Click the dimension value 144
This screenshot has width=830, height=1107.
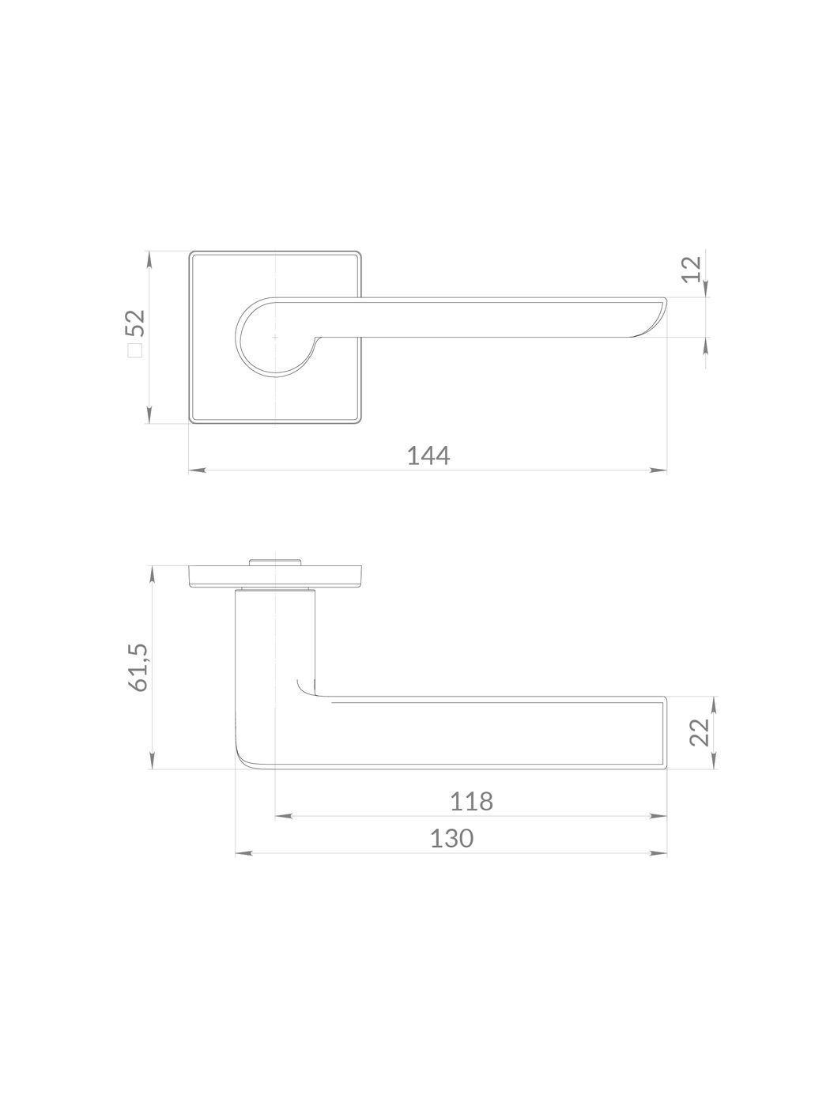[428, 456]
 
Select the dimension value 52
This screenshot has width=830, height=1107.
[135, 323]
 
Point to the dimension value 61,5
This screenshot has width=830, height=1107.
[138, 667]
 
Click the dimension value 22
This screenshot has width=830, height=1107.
[700, 732]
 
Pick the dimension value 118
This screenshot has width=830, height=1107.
[471, 801]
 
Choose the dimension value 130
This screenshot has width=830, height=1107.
[452, 839]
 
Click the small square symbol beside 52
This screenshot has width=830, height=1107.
[135, 350]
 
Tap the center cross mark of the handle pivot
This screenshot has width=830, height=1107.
[274, 337]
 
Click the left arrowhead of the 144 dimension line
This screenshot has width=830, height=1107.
[197, 470]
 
